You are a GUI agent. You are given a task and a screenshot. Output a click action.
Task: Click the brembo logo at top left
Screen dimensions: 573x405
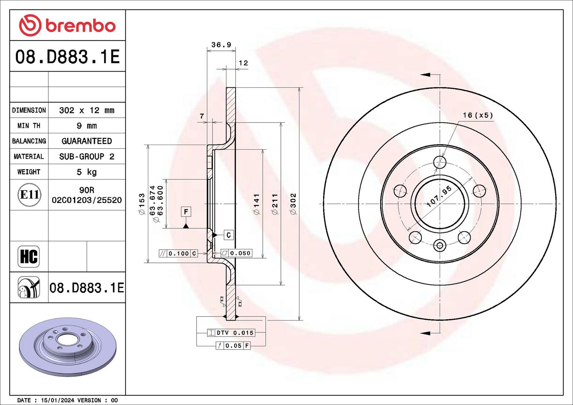67,25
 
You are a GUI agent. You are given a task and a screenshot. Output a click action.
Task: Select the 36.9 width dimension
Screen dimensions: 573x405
221,45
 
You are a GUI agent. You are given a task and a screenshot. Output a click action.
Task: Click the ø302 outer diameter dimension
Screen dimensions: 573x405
293,204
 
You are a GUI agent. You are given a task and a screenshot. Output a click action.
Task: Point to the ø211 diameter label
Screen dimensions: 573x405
275,204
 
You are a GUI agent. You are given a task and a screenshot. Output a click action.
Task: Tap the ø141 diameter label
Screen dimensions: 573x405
256,204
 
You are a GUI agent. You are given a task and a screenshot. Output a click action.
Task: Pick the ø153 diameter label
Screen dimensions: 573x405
141,204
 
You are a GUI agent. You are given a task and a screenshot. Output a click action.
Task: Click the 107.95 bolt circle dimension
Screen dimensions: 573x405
439,196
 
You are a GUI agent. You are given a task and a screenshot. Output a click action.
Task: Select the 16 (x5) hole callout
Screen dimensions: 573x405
478,115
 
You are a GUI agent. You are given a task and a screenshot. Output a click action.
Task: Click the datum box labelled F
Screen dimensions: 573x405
186,212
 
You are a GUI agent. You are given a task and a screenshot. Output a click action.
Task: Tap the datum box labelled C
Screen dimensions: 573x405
229,235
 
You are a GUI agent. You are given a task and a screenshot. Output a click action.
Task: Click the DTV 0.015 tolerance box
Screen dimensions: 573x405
231,333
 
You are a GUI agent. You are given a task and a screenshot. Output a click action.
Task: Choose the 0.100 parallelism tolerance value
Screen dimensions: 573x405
179,253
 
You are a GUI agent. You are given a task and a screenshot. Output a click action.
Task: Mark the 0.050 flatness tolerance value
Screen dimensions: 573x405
240,253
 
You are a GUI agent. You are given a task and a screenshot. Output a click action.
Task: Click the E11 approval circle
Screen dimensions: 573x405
29,195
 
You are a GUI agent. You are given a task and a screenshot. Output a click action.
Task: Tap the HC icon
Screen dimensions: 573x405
29,257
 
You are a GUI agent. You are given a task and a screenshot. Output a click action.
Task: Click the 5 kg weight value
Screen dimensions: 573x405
87,172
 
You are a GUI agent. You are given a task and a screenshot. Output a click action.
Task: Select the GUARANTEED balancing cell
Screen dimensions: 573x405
87,141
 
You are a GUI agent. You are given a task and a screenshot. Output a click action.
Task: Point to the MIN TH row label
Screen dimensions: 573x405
29,126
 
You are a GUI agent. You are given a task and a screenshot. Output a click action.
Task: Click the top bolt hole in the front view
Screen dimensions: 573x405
440,162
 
